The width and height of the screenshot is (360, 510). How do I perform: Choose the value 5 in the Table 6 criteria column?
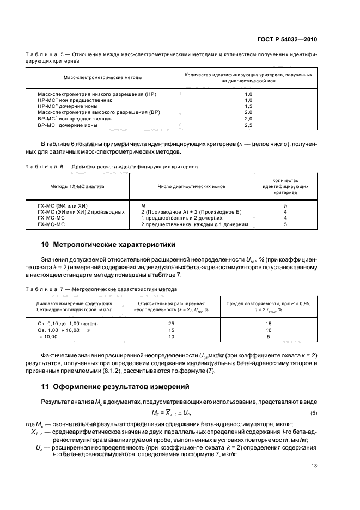[x=285, y=223]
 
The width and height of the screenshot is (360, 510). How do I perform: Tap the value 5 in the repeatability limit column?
[x=268, y=336]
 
